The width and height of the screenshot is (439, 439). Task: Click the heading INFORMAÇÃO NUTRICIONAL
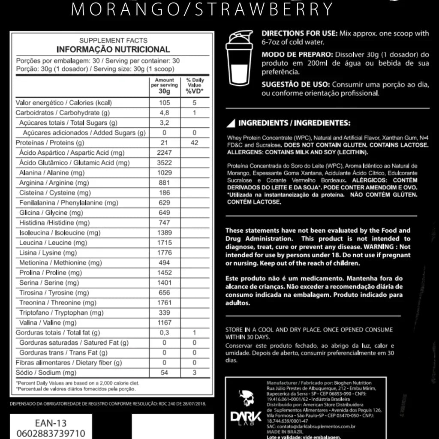pos(113,49)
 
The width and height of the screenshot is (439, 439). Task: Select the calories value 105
pos(165,103)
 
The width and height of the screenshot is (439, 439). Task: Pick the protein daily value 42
pos(194,143)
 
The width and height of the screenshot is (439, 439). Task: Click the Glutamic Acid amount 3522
pos(165,163)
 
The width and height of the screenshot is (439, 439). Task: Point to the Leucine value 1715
pos(165,243)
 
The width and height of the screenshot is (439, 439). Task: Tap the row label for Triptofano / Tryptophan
pos(61,313)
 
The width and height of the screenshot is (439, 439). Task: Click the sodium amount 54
pos(165,373)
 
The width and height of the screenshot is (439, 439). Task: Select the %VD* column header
pos(194,91)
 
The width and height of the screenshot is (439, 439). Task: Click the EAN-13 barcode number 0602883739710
pos(50,433)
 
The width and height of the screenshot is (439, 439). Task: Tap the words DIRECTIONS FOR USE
pos(299,33)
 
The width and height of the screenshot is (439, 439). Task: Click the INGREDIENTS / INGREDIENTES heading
pos(294,123)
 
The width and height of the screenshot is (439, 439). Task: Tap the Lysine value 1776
pos(165,253)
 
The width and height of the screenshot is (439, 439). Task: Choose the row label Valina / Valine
pos(48,323)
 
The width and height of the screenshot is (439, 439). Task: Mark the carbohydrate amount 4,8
pos(165,113)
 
